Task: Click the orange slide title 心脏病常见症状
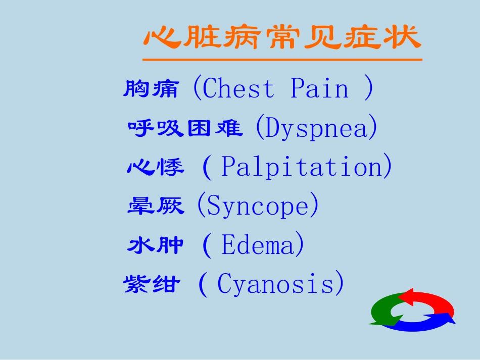coord(282,38)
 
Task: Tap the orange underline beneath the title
coord(282,60)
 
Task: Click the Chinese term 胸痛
coord(151,89)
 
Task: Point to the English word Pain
coord(320,89)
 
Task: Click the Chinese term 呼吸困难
coord(185,128)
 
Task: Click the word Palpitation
coord(302,167)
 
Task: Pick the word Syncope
coord(258,206)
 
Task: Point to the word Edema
coord(258,245)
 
